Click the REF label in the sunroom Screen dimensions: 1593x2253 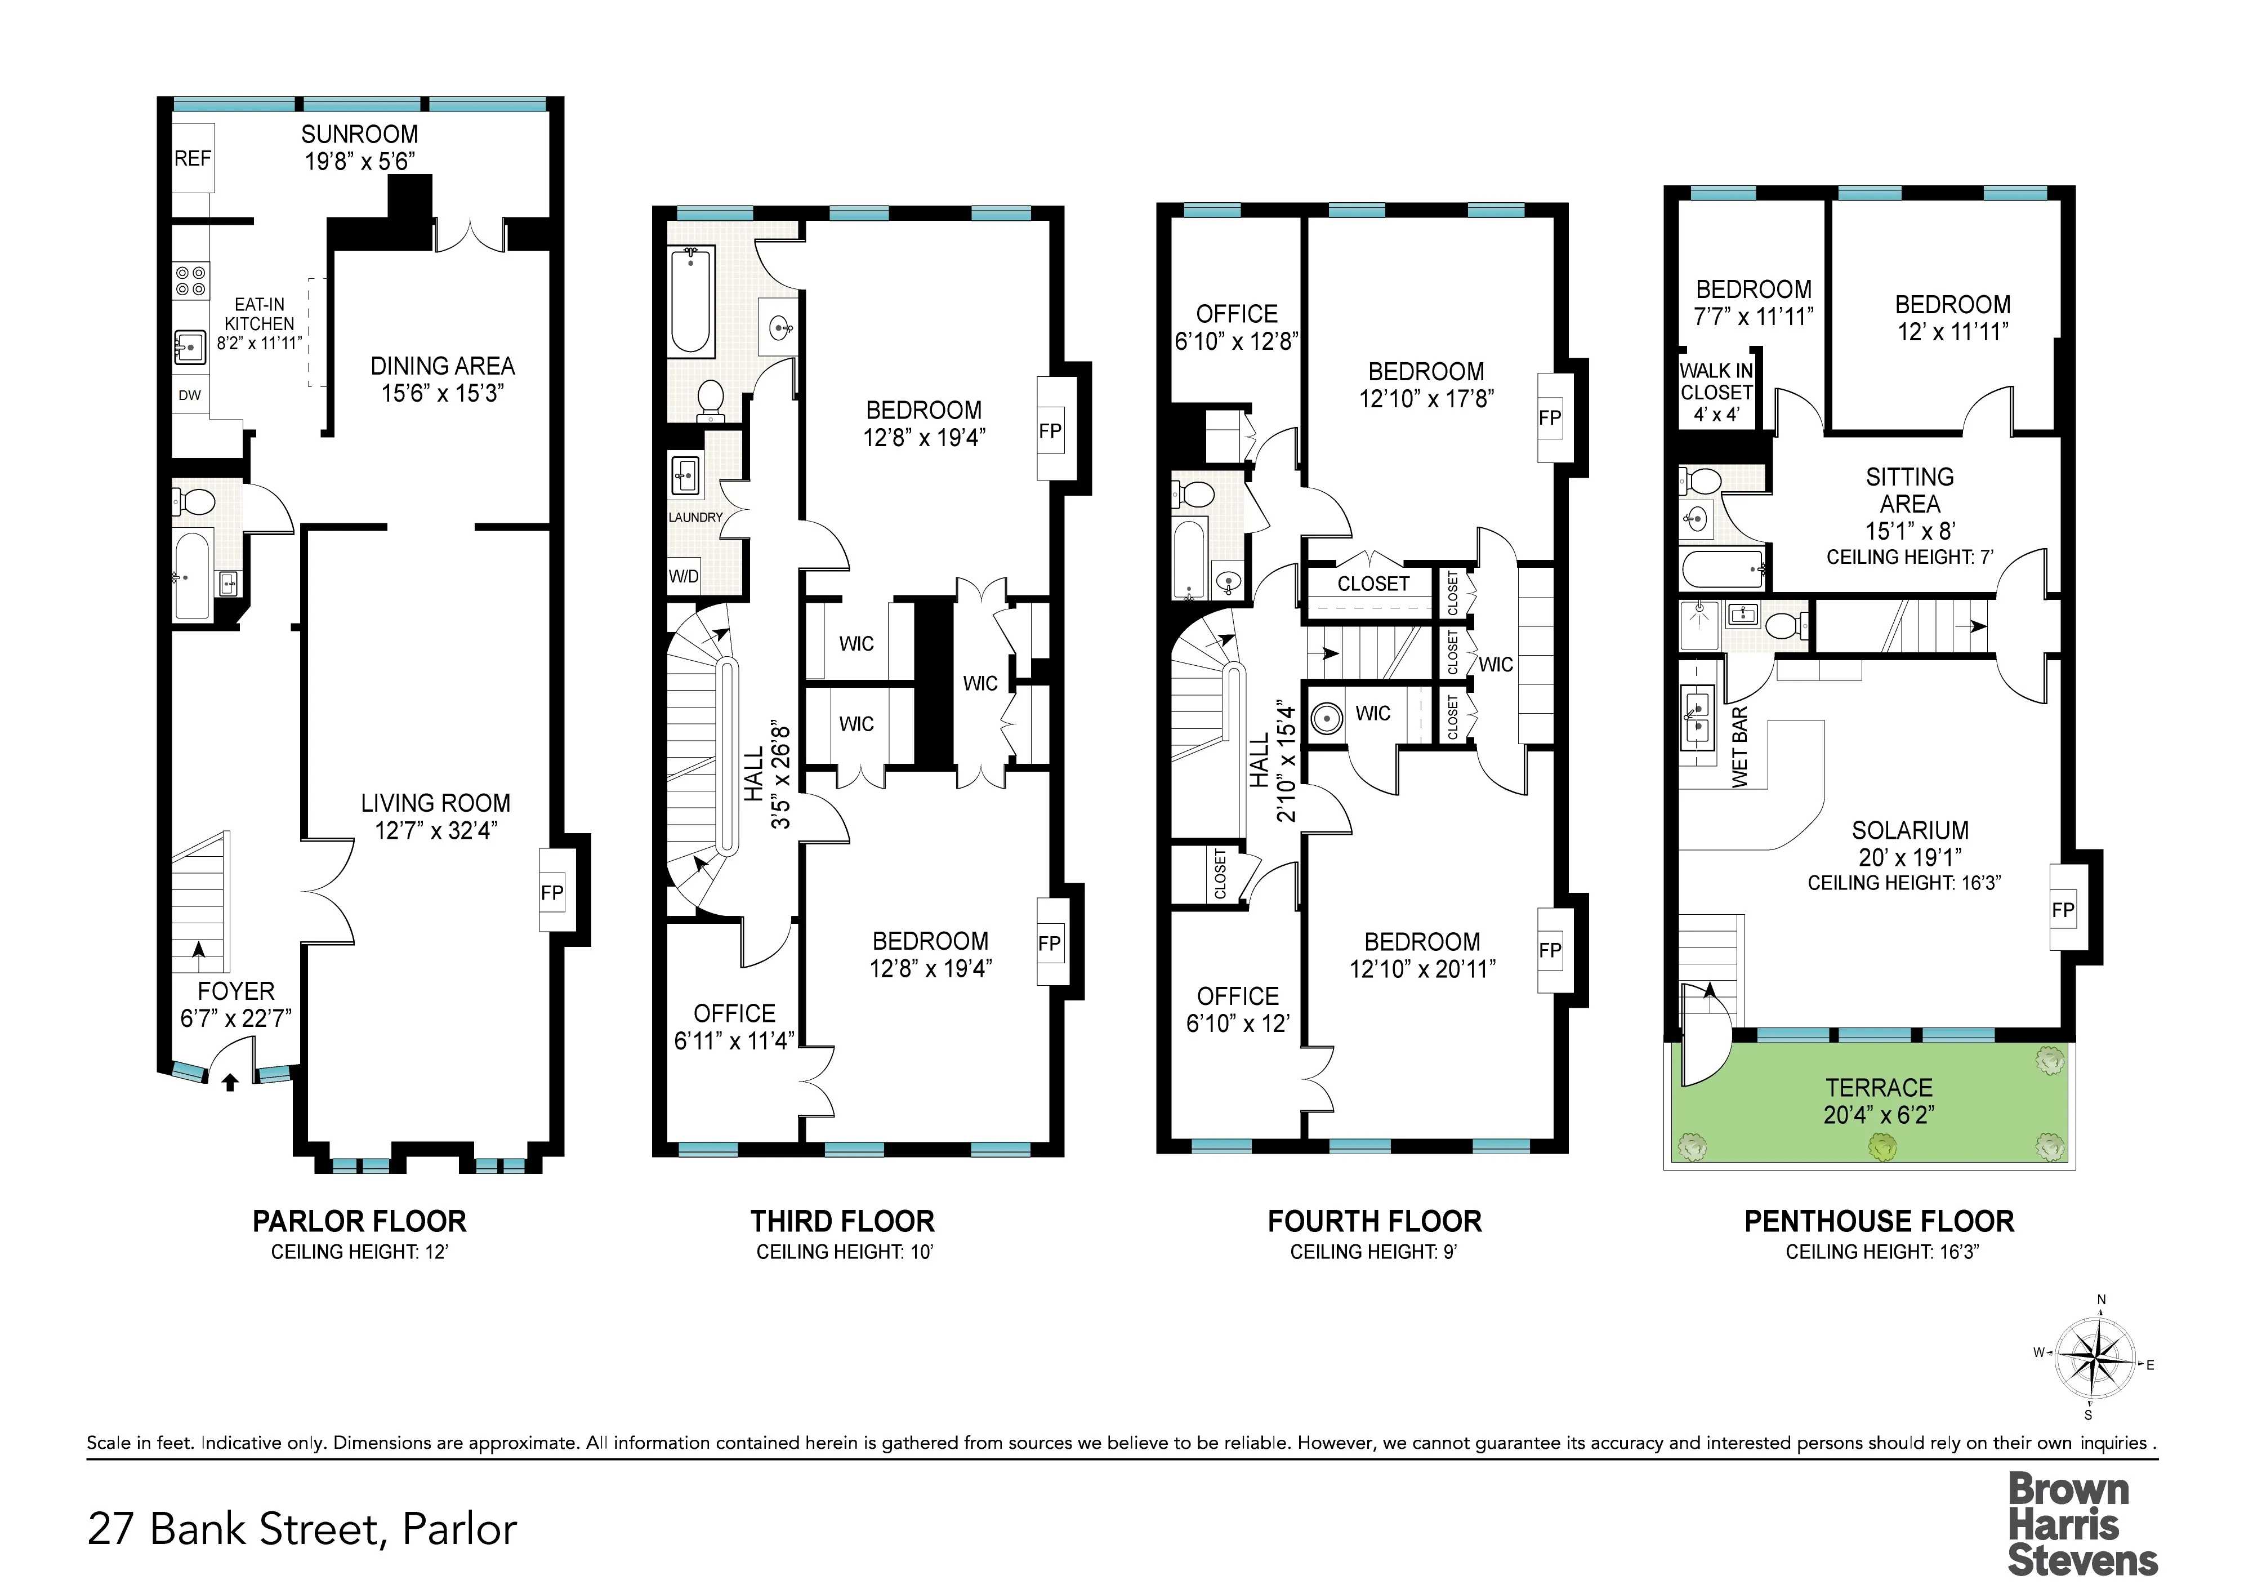point(193,159)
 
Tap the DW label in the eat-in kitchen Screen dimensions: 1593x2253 point(189,395)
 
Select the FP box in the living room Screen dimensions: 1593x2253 point(552,892)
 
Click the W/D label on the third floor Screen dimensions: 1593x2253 point(684,576)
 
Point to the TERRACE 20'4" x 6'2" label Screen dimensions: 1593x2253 point(1878,1100)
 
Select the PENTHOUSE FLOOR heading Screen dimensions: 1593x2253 point(1878,1222)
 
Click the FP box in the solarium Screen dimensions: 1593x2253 point(2063,910)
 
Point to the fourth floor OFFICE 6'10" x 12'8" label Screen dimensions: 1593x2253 point(1237,327)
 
